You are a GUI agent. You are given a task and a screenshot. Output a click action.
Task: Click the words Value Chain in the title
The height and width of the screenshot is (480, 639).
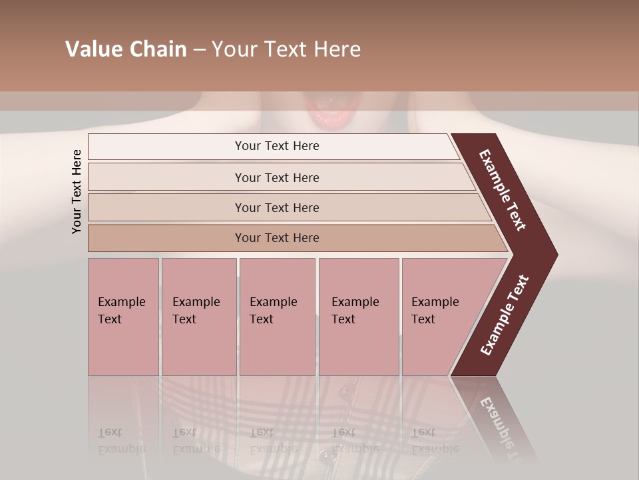pyautogui.click(x=126, y=49)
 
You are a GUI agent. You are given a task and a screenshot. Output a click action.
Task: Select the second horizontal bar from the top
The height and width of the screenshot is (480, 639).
pyautogui.click(x=277, y=177)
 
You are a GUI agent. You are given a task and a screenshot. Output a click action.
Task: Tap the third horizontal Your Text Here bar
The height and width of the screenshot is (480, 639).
pyautogui.click(x=277, y=207)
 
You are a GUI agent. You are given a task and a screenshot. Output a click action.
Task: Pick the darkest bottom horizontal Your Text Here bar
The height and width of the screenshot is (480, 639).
pyautogui.click(x=277, y=238)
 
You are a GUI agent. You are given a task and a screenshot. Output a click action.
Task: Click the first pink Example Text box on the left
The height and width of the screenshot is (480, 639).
pyautogui.click(x=123, y=317)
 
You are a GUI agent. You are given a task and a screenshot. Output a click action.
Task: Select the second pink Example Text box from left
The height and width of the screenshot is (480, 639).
pyautogui.click(x=198, y=317)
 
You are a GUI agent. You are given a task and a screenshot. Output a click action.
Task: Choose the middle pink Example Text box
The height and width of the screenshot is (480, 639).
pyautogui.click(x=277, y=317)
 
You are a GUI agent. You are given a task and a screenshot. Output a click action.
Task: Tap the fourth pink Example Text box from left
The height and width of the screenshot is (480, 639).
pyautogui.click(x=359, y=317)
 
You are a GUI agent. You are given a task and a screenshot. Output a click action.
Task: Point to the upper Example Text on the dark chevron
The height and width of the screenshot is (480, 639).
pyautogui.click(x=503, y=190)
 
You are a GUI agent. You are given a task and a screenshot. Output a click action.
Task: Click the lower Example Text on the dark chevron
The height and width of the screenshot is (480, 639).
pyautogui.click(x=505, y=315)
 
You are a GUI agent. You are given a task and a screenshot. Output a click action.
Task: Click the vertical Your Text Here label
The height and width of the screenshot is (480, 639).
pyautogui.click(x=77, y=192)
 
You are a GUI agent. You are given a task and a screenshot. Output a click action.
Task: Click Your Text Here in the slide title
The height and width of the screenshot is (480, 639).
pyautogui.click(x=286, y=49)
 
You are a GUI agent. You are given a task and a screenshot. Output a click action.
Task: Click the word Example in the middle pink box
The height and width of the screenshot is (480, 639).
pyautogui.click(x=273, y=302)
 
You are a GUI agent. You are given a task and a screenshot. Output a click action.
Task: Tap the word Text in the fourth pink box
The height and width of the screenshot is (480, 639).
pyautogui.click(x=343, y=319)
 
